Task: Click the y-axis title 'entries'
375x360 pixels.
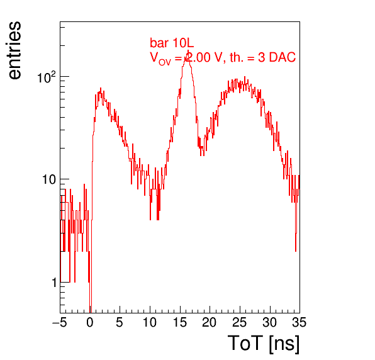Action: click(15, 50)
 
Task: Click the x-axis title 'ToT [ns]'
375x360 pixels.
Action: click(264, 344)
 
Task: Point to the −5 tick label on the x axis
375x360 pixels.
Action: click(60, 322)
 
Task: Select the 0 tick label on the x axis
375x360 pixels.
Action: click(90, 322)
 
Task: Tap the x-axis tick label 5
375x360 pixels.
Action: click(120, 322)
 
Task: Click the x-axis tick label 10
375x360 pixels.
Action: click(150, 322)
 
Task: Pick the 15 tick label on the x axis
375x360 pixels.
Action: click(180, 322)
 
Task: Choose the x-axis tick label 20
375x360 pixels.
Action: click(210, 322)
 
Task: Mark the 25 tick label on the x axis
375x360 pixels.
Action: click(240, 322)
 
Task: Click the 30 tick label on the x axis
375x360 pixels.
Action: click(270, 322)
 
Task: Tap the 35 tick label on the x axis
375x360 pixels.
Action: click(299, 322)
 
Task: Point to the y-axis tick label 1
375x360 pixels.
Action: click(54, 283)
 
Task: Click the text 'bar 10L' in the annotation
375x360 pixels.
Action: click(172, 43)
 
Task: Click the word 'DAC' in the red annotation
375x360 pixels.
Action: click(283, 57)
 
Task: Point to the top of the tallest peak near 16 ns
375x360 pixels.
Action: click(188, 50)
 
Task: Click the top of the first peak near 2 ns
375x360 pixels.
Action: click(101, 88)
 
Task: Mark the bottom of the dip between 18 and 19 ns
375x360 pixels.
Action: click(203, 155)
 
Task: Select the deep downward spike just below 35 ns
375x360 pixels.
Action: click(296, 250)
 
